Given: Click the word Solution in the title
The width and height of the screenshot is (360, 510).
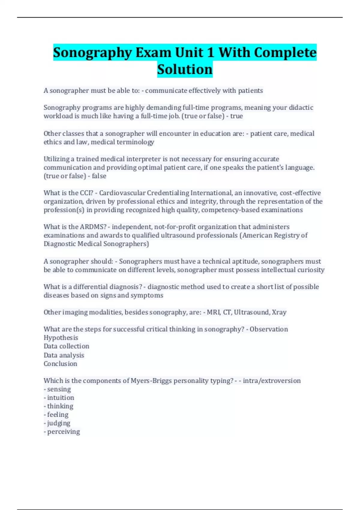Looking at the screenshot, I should click(x=185, y=69).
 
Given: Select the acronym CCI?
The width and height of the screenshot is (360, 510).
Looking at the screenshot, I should click(x=87, y=193).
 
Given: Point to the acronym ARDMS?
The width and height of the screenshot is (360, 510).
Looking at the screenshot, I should click(x=93, y=227).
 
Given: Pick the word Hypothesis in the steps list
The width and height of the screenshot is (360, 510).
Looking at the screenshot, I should click(x=61, y=338).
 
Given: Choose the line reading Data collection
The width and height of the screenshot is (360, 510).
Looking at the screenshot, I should click(x=66, y=346).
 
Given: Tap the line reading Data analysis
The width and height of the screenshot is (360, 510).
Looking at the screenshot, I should click(x=64, y=355).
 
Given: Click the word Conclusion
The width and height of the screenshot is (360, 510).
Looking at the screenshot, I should click(x=60, y=364).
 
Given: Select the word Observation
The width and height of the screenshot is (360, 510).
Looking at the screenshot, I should click(x=269, y=329).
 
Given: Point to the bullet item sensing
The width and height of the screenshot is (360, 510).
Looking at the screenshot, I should click(x=59, y=389).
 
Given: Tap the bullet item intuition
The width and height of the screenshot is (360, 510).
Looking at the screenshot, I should click(x=61, y=398).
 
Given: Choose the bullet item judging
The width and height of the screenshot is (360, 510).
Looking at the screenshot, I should click(x=59, y=423).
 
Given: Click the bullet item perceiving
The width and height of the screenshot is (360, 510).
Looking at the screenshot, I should click(x=63, y=432).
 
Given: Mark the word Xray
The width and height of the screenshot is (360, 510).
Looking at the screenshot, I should click(x=279, y=312).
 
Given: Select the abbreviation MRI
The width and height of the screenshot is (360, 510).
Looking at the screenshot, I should click(x=213, y=312).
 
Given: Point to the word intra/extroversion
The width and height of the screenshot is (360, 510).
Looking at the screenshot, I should click(x=272, y=381).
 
